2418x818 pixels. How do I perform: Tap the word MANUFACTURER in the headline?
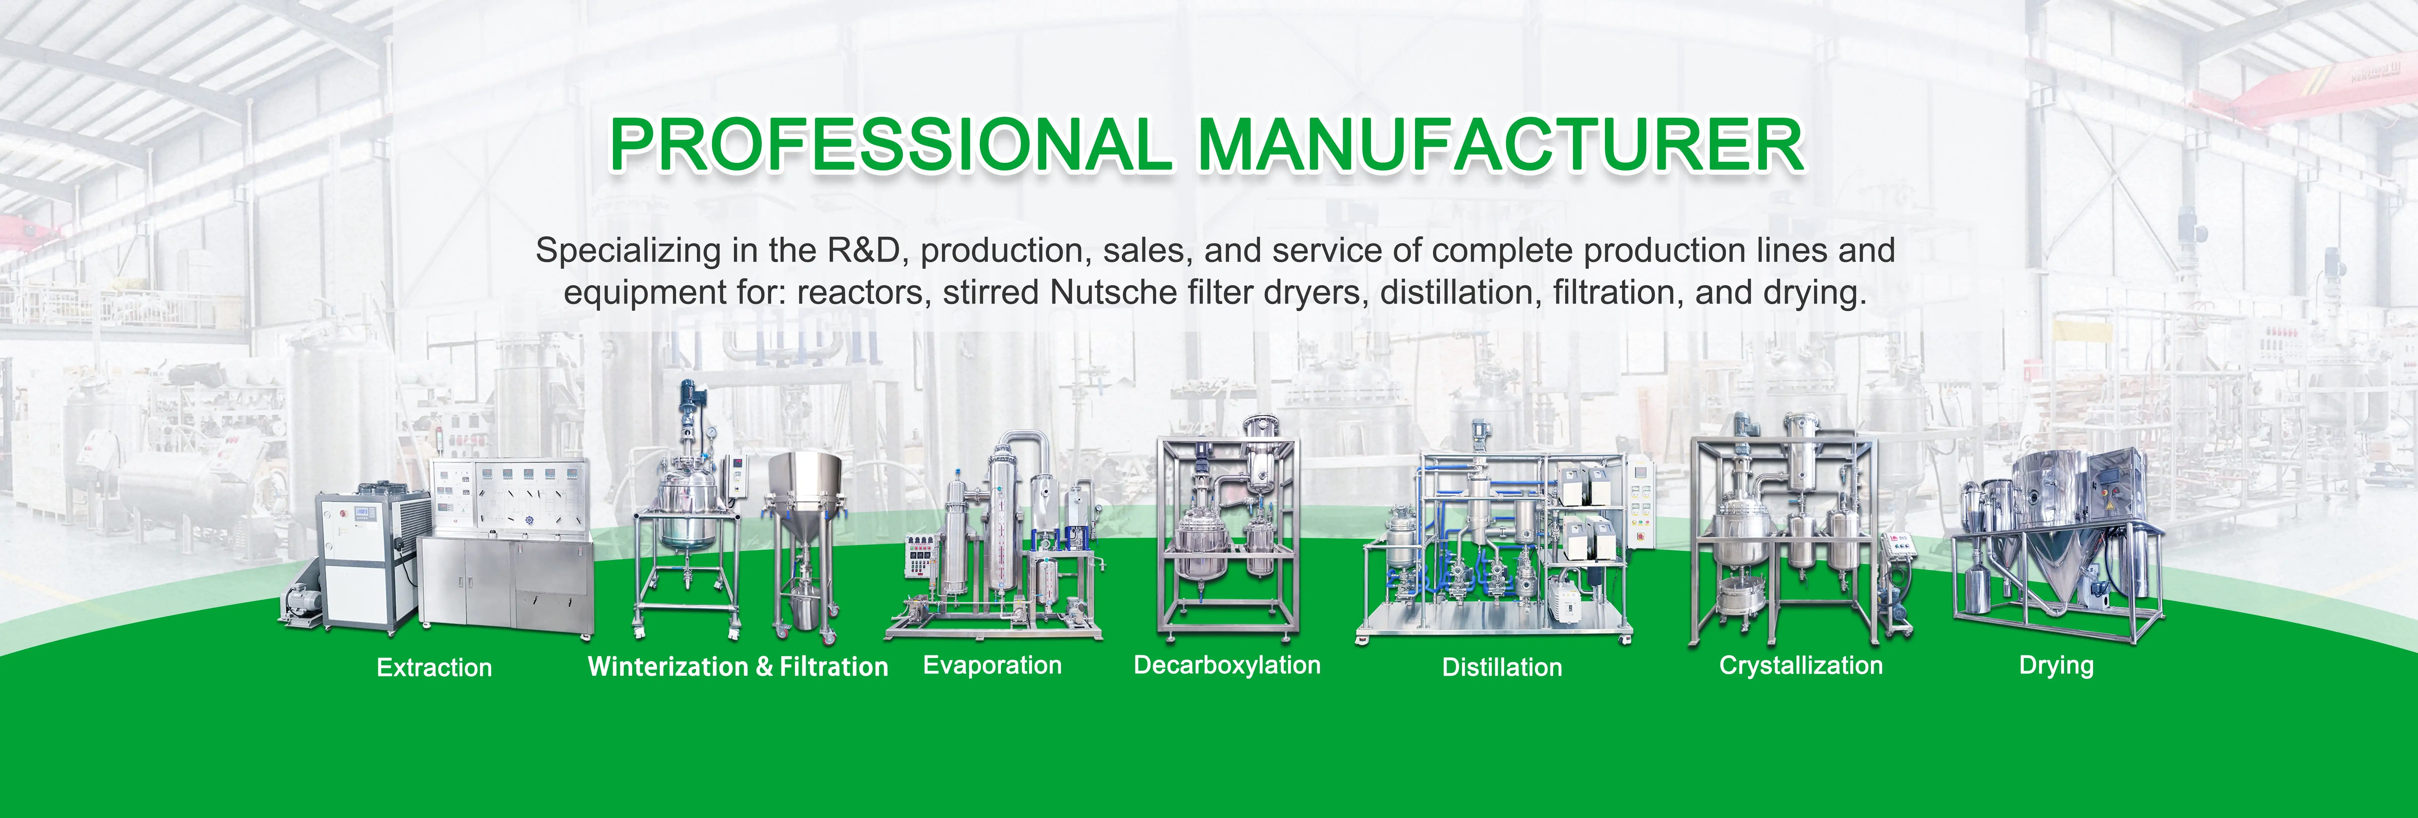(1500, 145)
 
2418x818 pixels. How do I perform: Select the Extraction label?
(434, 668)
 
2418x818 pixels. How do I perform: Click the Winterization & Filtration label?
(737, 667)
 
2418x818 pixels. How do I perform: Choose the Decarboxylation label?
(1227, 665)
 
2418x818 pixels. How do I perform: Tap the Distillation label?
(1502, 668)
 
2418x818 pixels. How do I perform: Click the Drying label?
(2056, 666)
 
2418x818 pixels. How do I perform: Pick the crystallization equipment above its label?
(1798, 535)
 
